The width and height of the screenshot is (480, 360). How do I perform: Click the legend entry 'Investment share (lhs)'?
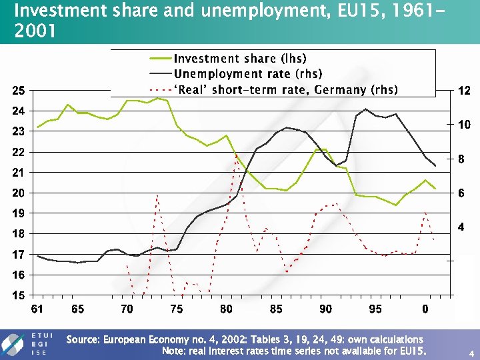click(240, 59)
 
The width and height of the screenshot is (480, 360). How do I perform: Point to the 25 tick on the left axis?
click(19, 91)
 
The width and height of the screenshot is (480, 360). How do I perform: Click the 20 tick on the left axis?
click(19, 193)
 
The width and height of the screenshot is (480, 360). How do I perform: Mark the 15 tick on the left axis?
click(19, 295)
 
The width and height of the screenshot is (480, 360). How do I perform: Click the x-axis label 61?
click(37, 309)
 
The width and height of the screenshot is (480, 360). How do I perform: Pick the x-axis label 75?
click(177, 309)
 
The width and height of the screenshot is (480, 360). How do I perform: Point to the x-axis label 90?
click(326, 309)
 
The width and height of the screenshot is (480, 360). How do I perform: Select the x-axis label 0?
click(425, 309)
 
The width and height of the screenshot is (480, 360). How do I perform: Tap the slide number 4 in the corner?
click(471, 352)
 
